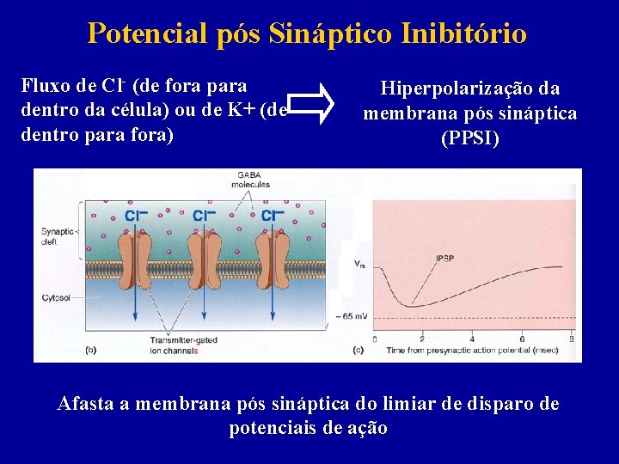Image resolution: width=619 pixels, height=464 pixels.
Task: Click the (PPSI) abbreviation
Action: [469, 138]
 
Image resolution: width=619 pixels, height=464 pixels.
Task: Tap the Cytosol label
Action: [57, 298]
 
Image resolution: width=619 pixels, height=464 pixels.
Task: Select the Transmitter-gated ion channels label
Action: [182, 345]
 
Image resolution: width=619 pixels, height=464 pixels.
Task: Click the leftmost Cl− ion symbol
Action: [135, 216]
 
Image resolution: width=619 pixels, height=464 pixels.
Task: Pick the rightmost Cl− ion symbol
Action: [273, 216]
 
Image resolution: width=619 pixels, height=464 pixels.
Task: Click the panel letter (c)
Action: [358, 351]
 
